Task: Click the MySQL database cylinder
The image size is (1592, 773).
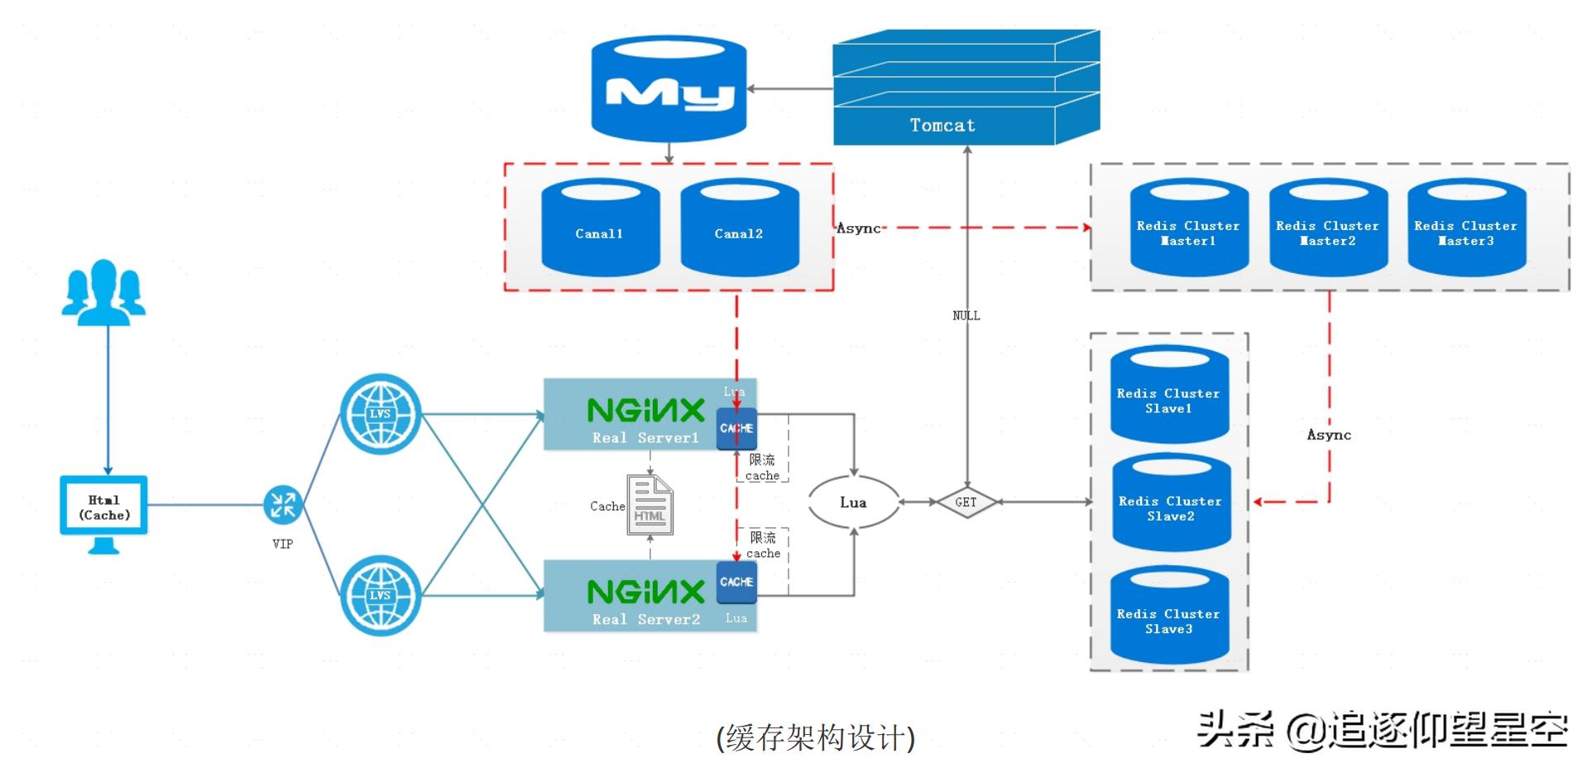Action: tap(669, 89)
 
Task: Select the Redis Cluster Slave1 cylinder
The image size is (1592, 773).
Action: tap(1168, 395)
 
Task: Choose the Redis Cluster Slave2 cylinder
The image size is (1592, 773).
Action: tap(1170, 503)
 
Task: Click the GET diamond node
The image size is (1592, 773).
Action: tap(966, 502)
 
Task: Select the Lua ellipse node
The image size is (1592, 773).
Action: tap(853, 502)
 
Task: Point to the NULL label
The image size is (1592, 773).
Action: tap(966, 315)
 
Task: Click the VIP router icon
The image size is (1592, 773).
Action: tap(283, 504)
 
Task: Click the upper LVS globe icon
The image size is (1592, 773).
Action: tap(381, 414)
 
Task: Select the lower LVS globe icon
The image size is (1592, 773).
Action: tap(381, 595)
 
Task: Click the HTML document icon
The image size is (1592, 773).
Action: tap(650, 506)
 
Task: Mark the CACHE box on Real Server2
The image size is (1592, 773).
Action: tap(736, 582)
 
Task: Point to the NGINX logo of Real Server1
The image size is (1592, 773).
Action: tap(645, 411)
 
